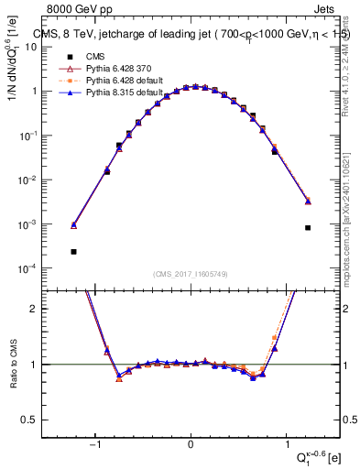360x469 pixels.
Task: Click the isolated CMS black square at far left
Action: [x=73, y=251]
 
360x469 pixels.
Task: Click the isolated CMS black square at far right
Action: [x=308, y=228]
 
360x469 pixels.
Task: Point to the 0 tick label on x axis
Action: [x=190, y=444]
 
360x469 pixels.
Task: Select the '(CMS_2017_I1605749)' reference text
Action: [x=191, y=274]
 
